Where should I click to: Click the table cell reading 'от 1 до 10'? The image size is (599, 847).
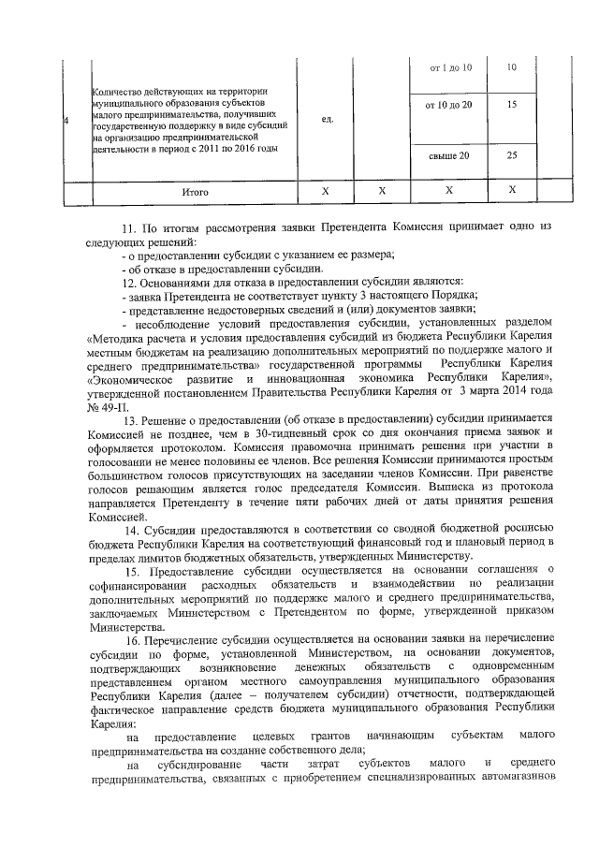pos(450,68)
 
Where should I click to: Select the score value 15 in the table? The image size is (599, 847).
pos(511,105)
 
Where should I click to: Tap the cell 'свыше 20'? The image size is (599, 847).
pos(449,155)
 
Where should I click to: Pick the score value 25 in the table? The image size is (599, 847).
pos(511,155)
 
